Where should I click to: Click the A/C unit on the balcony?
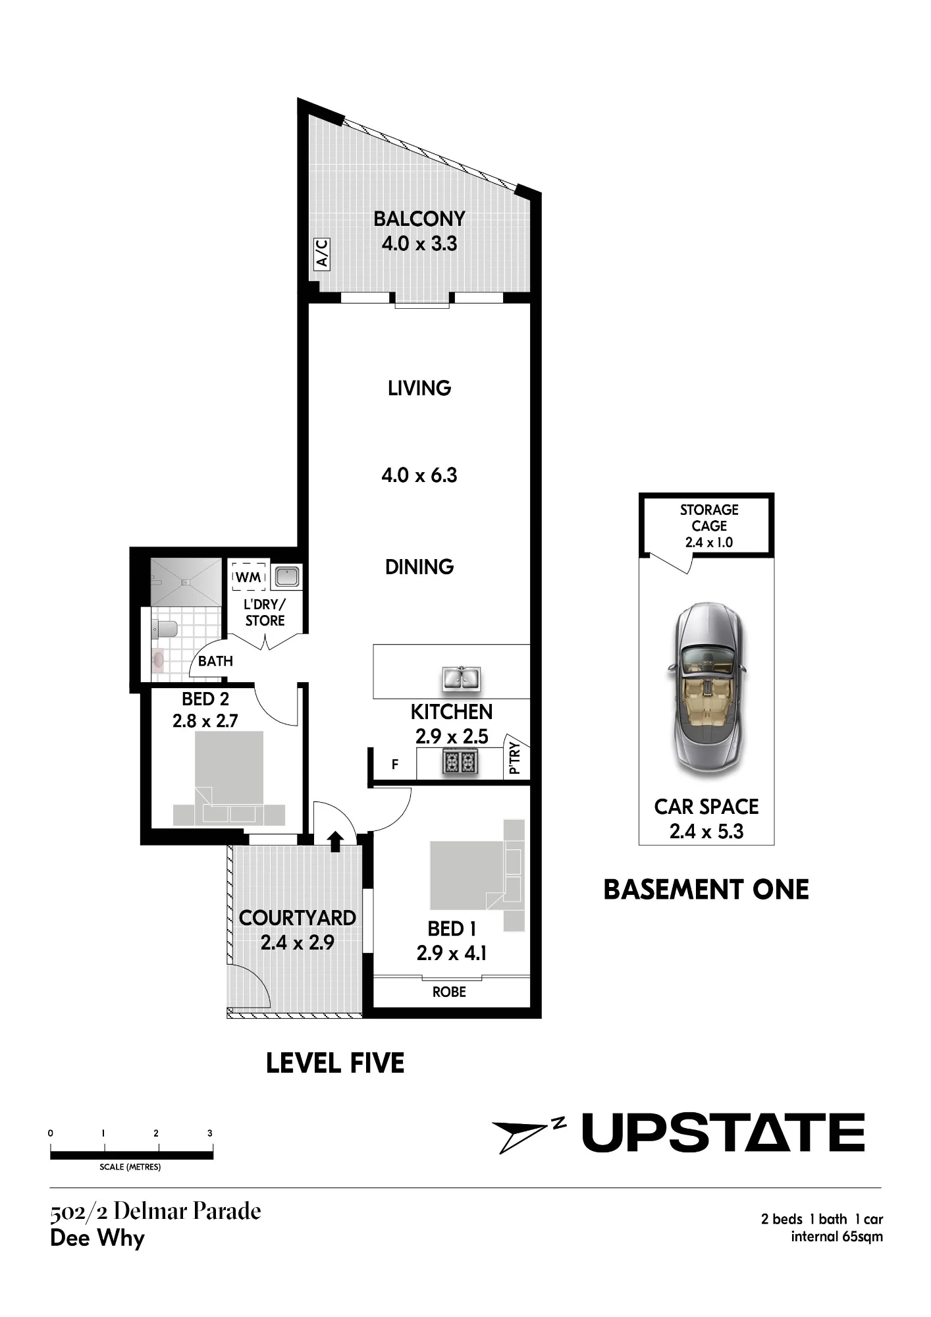(x=322, y=254)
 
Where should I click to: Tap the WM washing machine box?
(x=248, y=577)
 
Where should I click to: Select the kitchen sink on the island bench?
(x=462, y=678)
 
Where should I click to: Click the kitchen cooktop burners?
(x=460, y=763)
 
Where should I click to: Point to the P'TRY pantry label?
(x=515, y=758)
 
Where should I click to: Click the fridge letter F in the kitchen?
(x=395, y=765)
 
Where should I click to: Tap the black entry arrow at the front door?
(x=336, y=841)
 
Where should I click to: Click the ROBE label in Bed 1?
(x=449, y=992)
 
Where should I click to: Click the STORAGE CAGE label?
(x=709, y=518)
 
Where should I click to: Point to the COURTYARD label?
(x=298, y=917)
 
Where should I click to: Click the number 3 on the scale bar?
(x=210, y=1133)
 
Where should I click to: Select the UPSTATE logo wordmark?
(x=723, y=1133)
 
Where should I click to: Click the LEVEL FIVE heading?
(x=335, y=1063)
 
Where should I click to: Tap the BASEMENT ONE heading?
(x=706, y=890)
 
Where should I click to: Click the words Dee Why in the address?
(x=97, y=1239)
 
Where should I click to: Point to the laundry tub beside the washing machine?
(x=287, y=577)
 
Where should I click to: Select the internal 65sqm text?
(x=837, y=1237)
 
